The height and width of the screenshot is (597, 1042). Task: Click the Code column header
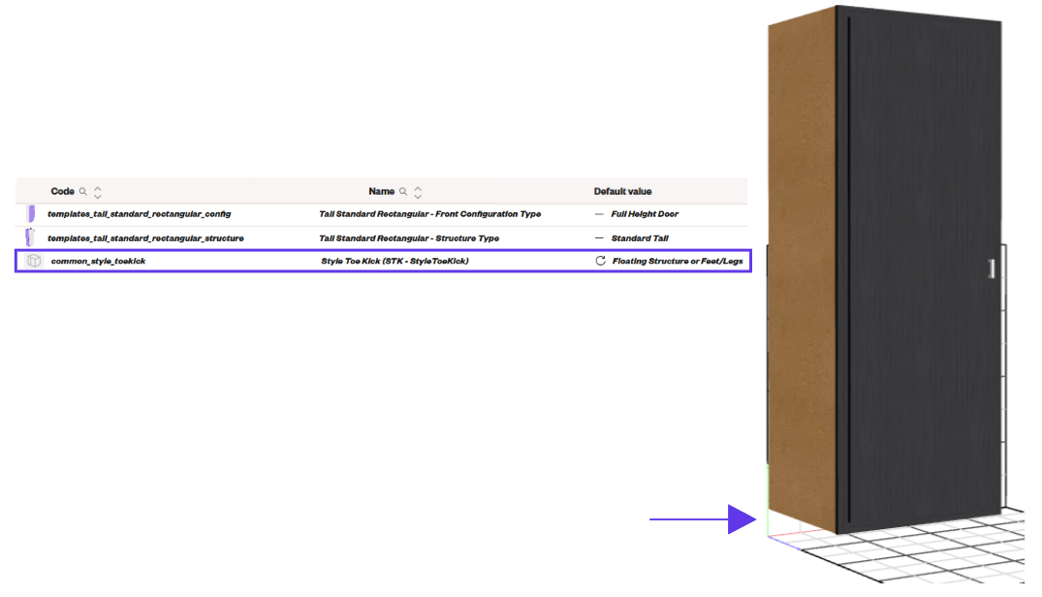[x=62, y=191]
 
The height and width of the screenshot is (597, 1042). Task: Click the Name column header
[x=382, y=191]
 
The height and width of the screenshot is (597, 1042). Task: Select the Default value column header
[x=622, y=191]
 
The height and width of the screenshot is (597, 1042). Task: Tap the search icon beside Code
[x=83, y=191]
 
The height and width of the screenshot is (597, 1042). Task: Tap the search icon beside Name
[x=402, y=191]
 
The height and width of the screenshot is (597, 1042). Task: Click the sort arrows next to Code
[x=98, y=192]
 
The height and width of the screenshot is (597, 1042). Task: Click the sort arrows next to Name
[x=418, y=192]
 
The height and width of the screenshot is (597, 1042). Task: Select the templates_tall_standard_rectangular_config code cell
[x=139, y=214]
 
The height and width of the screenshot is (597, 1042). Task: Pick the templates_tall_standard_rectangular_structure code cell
[x=145, y=237]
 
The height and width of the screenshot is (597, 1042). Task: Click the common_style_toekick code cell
[x=98, y=261]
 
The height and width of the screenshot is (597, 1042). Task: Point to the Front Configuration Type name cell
[x=430, y=214]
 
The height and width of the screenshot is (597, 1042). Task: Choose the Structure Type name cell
[x=409, y=237]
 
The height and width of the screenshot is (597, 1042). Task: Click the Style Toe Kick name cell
[x=395, y=261]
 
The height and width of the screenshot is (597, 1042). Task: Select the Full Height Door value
[x=645, y=214]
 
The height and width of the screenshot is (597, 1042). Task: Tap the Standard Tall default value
[x=640, y=237]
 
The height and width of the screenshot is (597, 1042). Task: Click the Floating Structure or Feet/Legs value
[x=678, y=261]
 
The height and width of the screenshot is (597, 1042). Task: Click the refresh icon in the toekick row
[x=600, y=261]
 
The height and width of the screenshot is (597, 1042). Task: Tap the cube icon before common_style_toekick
[x=34, y=261]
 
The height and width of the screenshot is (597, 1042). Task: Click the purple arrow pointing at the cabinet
[x=703, y=519]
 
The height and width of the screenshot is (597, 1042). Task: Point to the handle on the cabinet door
[x=992, y=268]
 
